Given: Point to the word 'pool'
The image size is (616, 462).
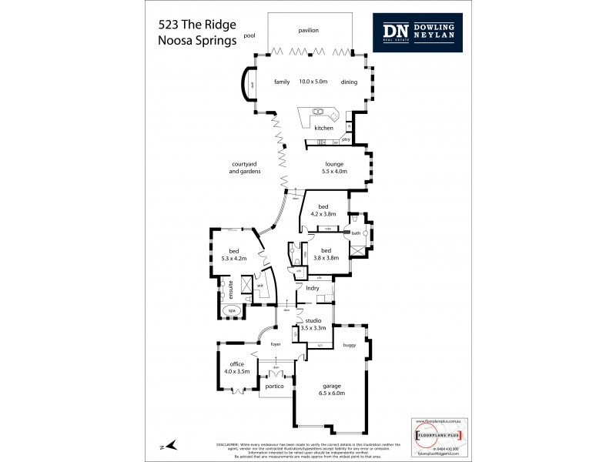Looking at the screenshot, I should click(x=249, y=35).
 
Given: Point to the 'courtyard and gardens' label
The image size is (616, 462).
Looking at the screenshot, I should click(x=246, y=168).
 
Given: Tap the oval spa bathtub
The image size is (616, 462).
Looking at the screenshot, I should click(x=229, y=312).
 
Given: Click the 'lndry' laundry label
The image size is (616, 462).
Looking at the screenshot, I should click(x=312, y=288).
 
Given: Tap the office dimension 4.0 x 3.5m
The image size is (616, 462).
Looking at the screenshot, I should click(x=232, y=371).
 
